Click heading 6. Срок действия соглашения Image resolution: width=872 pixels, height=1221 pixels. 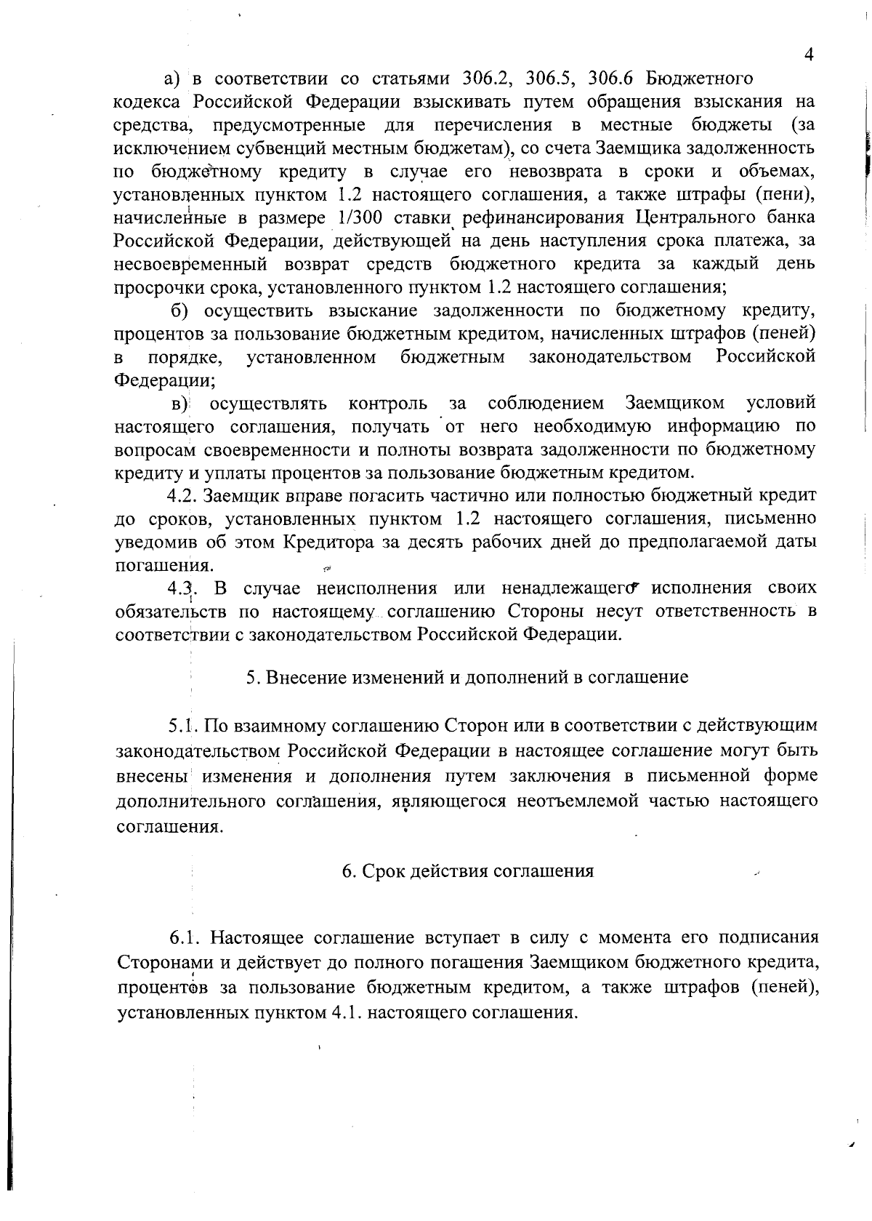coord(468,871)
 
